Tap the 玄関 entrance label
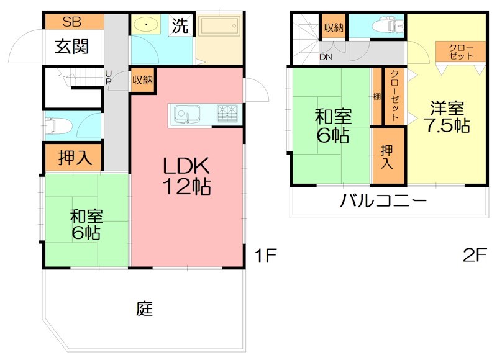coord(71,46)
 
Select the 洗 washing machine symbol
coord(180,26)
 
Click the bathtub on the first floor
coord(217,27)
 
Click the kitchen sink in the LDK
coord(186,114)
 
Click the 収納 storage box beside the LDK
coord(142,79)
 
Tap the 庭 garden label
coord(144,308)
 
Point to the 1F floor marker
coord(263,255)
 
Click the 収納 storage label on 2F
coord(333,27)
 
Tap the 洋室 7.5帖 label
coord(446,116)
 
